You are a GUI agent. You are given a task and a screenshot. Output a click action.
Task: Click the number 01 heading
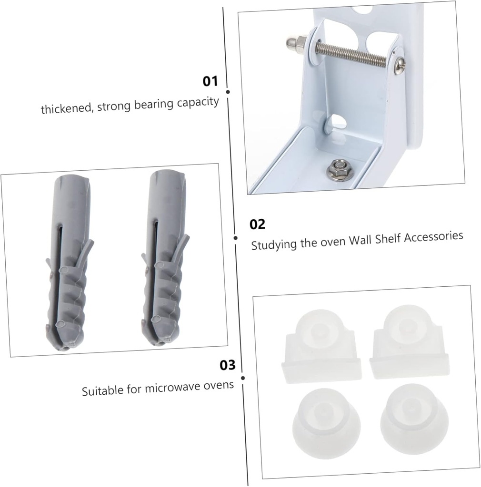click(x=210, y=81)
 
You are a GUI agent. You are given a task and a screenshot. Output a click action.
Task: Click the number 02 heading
click(x=257, y=224)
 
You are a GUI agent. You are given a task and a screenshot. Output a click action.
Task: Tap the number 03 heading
click(x=227, y=365)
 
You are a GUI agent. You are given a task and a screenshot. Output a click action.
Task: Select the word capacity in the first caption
click(x=198, y=102)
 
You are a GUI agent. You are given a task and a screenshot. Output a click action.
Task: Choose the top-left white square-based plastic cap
click(x=321, y=347)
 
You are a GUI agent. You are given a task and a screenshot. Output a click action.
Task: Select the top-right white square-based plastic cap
click(x=410, y=342)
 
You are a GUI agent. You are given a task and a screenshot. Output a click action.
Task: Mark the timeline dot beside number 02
click(x=236, y=238)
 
